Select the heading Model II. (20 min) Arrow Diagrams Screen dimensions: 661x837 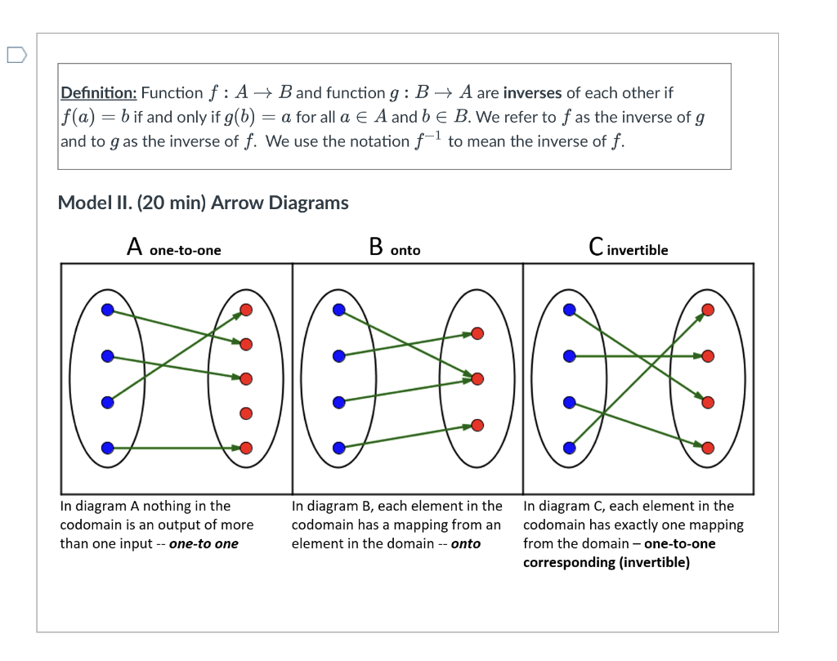pyautogui.click(x=203, y=203)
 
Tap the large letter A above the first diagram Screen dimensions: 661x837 pyautogui.click(x=135, y=246)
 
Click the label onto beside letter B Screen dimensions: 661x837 pyautogui.click(x=405, y=250)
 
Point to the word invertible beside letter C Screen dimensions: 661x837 pyautogui.click(x=638, y=250)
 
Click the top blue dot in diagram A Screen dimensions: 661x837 pyautogui.click(x=107, y=310)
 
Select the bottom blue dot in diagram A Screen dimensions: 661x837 pyautogui.click(x=107, y=448)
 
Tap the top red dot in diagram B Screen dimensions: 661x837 pyautogui.click(x=477, y=333)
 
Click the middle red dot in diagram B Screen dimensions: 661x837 pyautogui.click(x=477, y=378)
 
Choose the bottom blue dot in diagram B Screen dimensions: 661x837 pyautogui.click(x=338, y=448)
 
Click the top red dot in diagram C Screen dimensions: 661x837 pyautogui.click(x=708, y=310)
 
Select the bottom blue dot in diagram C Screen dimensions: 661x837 pyautogui.click(x=570, y=448)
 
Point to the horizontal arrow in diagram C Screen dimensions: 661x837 pyautogui.click(x=638, y=356)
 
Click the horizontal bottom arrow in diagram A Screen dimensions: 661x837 pyautogui.click(x=176, y=448)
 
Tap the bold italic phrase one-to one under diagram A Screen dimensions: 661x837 pyautogui.click(x=204, y=544)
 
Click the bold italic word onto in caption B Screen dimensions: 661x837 pyautogui.click(x=465, y=544)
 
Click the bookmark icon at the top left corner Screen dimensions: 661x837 pyautogui.click(x=16, y=56)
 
